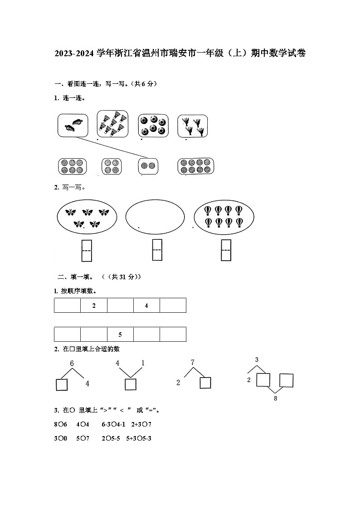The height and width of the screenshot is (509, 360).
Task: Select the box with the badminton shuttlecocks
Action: (112, 123)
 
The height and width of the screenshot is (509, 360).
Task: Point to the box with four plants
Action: (192, 126)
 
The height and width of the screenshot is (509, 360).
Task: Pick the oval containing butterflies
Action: (87, 217)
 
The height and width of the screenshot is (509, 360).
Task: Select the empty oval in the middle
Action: (155, 217)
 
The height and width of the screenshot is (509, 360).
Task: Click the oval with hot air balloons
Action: (224, 217)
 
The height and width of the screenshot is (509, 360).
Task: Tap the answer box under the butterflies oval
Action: (87, 251)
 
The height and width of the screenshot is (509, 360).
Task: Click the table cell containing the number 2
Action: (94, 305)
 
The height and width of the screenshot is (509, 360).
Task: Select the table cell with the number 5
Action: (120, 334)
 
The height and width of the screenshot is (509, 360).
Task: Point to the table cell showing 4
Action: (146, 305)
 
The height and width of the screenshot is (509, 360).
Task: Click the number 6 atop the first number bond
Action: (72, 364)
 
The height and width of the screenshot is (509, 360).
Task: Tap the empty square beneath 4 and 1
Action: (131, 384)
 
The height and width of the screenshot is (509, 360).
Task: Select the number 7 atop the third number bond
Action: (192, 362)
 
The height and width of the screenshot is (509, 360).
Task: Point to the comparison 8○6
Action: (60, 425)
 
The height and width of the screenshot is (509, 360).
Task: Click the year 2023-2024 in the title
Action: (73, 53)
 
